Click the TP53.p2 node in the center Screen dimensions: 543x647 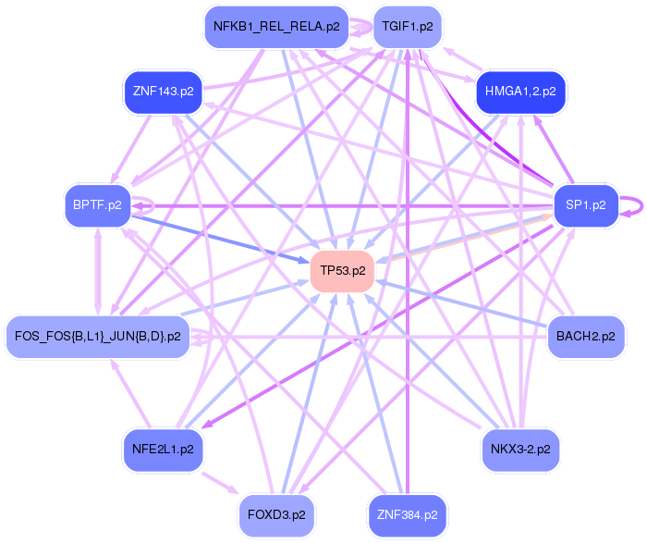[342, 270]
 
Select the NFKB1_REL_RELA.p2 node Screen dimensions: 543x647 [277, 27]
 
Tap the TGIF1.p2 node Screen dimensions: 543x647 [408, 27]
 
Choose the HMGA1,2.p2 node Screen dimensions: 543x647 [520, 92]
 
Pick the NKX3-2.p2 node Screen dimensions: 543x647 [520, 449]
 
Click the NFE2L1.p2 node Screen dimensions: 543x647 [163, 449]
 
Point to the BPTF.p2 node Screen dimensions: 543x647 [97, 204]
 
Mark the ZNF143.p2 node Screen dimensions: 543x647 [163, 92]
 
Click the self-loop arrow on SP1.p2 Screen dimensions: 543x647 [639, 205]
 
